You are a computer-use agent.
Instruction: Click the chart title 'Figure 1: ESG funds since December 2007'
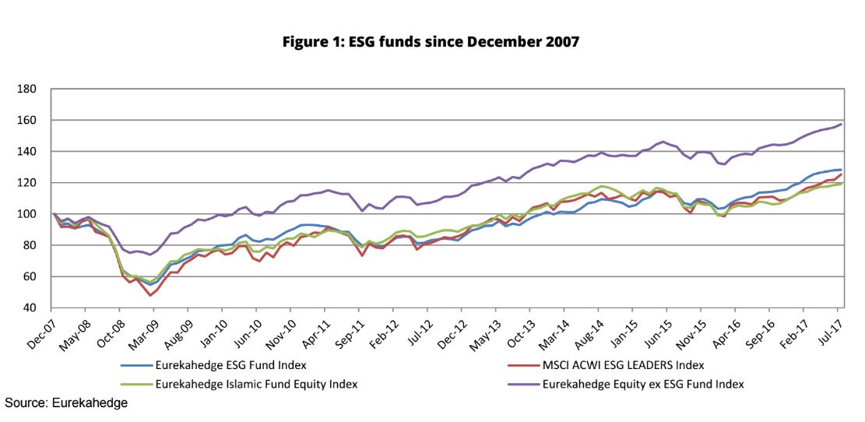pos(432,41)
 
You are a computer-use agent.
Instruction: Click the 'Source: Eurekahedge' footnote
pos(66,403)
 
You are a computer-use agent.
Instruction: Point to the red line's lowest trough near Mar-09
pos(150,295)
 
